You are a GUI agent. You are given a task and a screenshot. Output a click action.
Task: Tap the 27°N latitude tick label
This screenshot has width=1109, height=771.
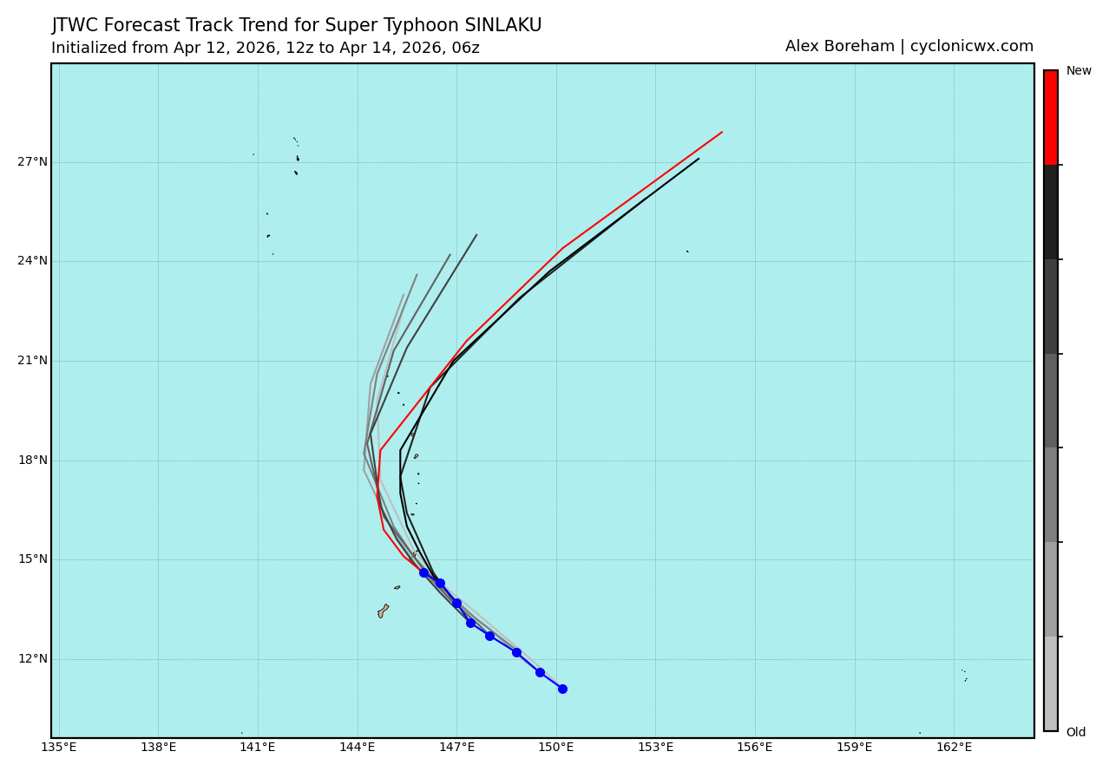pos(32,162)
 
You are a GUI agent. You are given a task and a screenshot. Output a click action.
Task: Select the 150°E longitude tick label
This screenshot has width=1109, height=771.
pos(555,748)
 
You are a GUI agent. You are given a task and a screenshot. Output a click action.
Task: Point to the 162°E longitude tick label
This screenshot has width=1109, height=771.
pos(954,748)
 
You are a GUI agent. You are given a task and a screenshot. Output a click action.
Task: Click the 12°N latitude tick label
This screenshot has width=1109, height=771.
pos(32,659)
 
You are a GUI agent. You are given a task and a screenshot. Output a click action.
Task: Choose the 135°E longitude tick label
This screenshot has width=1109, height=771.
pos(59,748)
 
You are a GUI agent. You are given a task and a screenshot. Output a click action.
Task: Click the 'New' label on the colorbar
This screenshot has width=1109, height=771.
pos(1079,71)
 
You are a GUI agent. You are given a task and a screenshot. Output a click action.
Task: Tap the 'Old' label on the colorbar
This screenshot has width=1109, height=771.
pos(1076,733)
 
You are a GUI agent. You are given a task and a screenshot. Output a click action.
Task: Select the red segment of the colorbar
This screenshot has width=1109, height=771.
pos(1050,117)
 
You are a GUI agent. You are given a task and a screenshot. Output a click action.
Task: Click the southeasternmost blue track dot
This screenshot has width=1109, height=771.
pos(562,689)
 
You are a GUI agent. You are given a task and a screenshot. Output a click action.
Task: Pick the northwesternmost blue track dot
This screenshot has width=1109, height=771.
pos(423,572)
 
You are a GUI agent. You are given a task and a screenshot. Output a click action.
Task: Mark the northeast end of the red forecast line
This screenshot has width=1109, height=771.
pos(722,132)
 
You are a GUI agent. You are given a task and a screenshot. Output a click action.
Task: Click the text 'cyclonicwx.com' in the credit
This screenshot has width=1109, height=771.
pos(971,47)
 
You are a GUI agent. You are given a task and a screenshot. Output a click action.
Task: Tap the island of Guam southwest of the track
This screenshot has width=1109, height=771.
pos(383,611)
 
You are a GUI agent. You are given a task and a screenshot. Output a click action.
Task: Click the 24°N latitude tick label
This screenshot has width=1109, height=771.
pos(32,261)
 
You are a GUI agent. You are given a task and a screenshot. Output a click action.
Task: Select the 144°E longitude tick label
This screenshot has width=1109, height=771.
pos(358,748)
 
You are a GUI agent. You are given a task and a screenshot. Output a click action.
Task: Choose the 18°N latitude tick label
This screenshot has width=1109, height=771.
pos(32,461)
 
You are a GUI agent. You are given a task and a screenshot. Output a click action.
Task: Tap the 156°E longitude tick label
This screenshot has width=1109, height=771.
pos(755,748)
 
